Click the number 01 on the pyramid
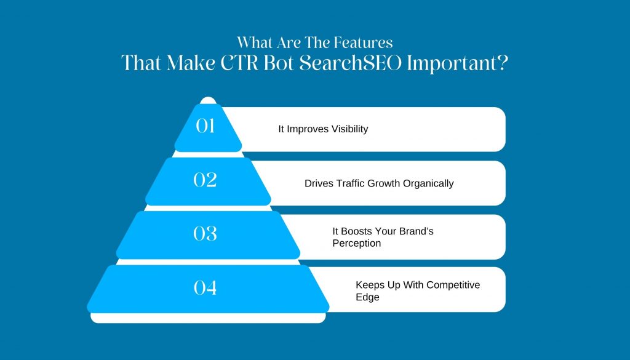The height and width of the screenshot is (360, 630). tap(205, 126)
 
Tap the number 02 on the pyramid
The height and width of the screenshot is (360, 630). tap(205, 180)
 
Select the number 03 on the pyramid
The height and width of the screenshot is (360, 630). tap(205, 233)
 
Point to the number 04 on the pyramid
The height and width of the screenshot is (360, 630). tap(205, 287)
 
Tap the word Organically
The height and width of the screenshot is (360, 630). tap(428, 183)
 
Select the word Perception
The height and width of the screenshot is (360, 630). tap(357, 244)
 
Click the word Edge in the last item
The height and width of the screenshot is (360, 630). tap(368, 297)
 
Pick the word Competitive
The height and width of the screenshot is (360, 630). tap(453, 285)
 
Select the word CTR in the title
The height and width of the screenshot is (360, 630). tap(239, 63)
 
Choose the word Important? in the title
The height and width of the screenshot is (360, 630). tap(458, 63)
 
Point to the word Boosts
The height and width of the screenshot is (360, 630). tap(356, 231)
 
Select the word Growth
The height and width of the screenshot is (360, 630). tap(384, 183)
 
